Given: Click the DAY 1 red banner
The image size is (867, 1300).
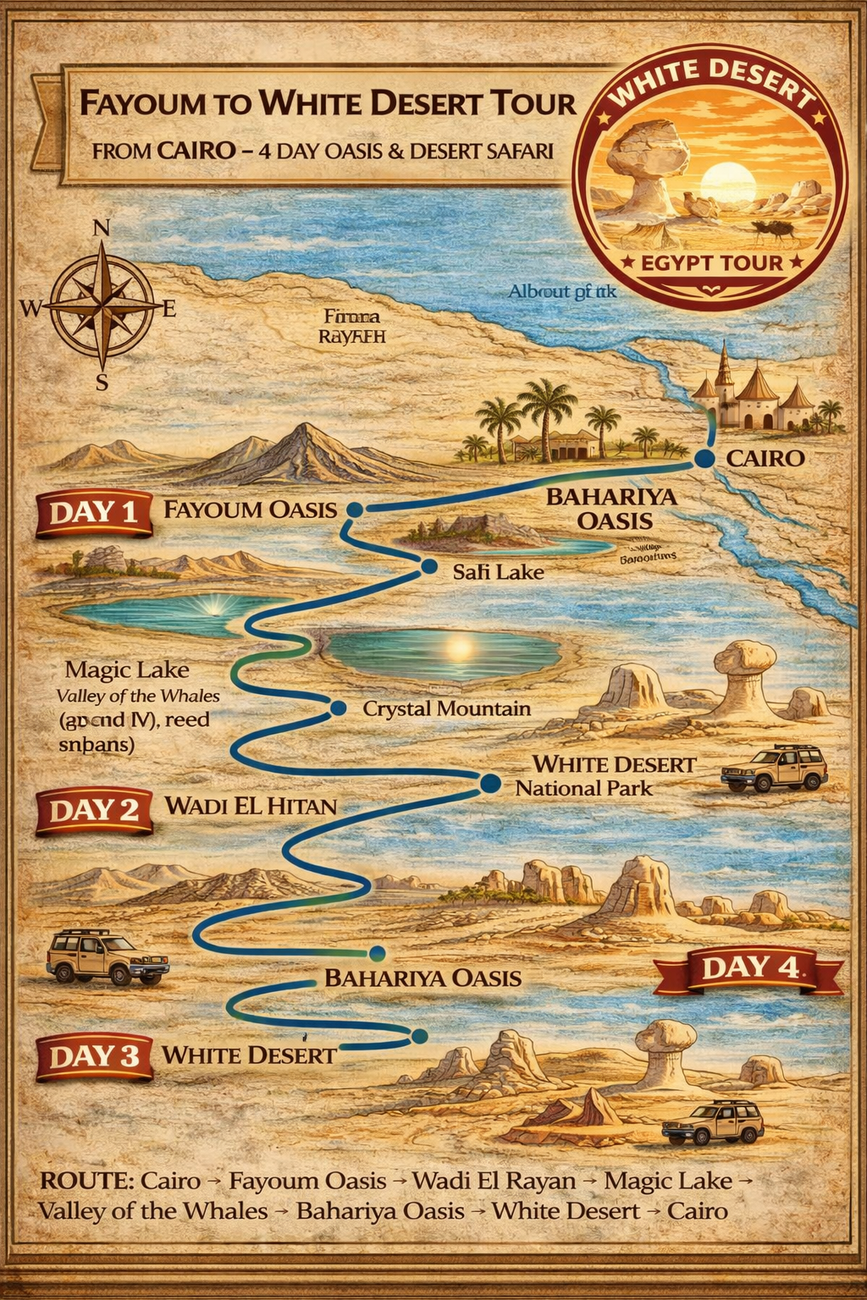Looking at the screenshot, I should (94, 513).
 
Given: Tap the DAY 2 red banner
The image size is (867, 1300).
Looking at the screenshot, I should (94, 811).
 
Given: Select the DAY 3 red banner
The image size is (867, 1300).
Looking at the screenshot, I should (94, 1056).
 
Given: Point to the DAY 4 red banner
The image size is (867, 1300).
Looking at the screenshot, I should (748, 968).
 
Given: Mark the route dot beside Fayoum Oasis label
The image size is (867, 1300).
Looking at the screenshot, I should (355, 510).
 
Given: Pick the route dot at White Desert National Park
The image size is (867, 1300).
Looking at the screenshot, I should (489, 784).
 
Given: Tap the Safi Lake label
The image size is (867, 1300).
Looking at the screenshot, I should (498, 572).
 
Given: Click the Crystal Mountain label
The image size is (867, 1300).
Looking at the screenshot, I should (446, 708).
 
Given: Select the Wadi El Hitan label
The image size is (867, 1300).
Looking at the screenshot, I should (251, 806).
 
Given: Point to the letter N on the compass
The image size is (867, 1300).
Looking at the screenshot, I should (101, 228).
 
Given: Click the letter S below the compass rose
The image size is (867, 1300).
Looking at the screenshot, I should (102, 383).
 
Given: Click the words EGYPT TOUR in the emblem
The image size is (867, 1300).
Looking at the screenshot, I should (711, 262).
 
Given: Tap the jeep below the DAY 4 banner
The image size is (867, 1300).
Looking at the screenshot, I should (713, 1122).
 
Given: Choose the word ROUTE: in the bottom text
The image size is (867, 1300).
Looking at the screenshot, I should (86, 1181).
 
